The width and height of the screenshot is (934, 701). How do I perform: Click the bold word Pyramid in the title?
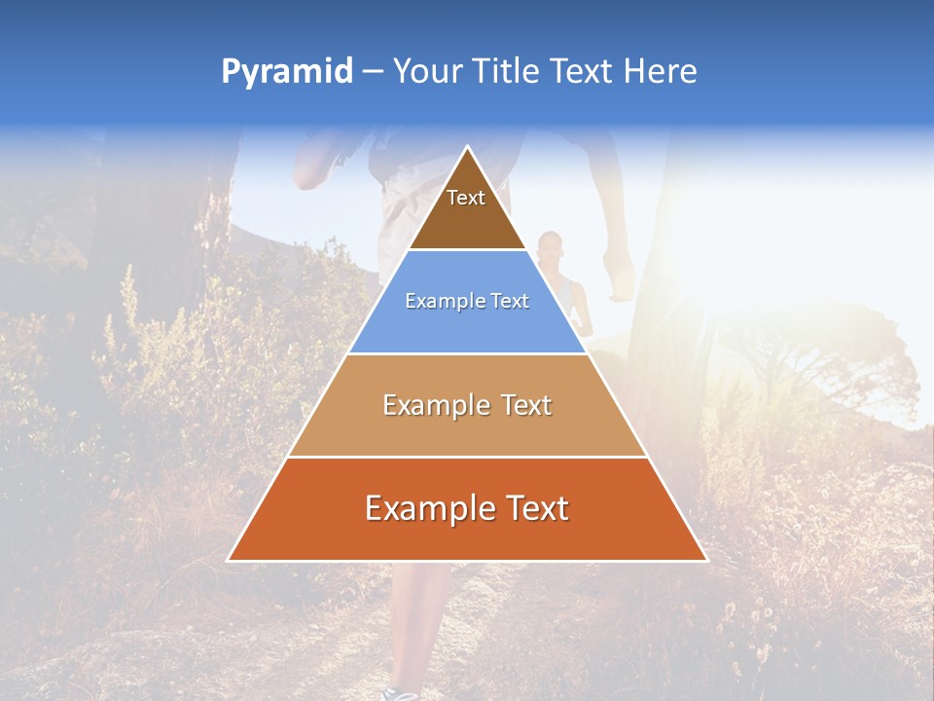[x=286, y=72]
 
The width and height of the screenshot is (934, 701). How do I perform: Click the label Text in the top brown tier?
[x=466, y=198]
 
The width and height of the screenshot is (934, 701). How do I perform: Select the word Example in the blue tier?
[x=442, y=301]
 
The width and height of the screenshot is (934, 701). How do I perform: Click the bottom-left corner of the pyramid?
[x=229, y=560]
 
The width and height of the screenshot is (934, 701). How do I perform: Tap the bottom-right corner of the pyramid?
[x=706, y=560]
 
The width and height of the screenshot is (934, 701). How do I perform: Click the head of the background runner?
[x=551, y=244]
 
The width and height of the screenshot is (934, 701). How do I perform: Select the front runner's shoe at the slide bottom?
[x=399, y=692]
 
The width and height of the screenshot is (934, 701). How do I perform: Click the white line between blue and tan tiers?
[x=468, y=353]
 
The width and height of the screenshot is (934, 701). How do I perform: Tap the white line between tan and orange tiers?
[x=468, y=457]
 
